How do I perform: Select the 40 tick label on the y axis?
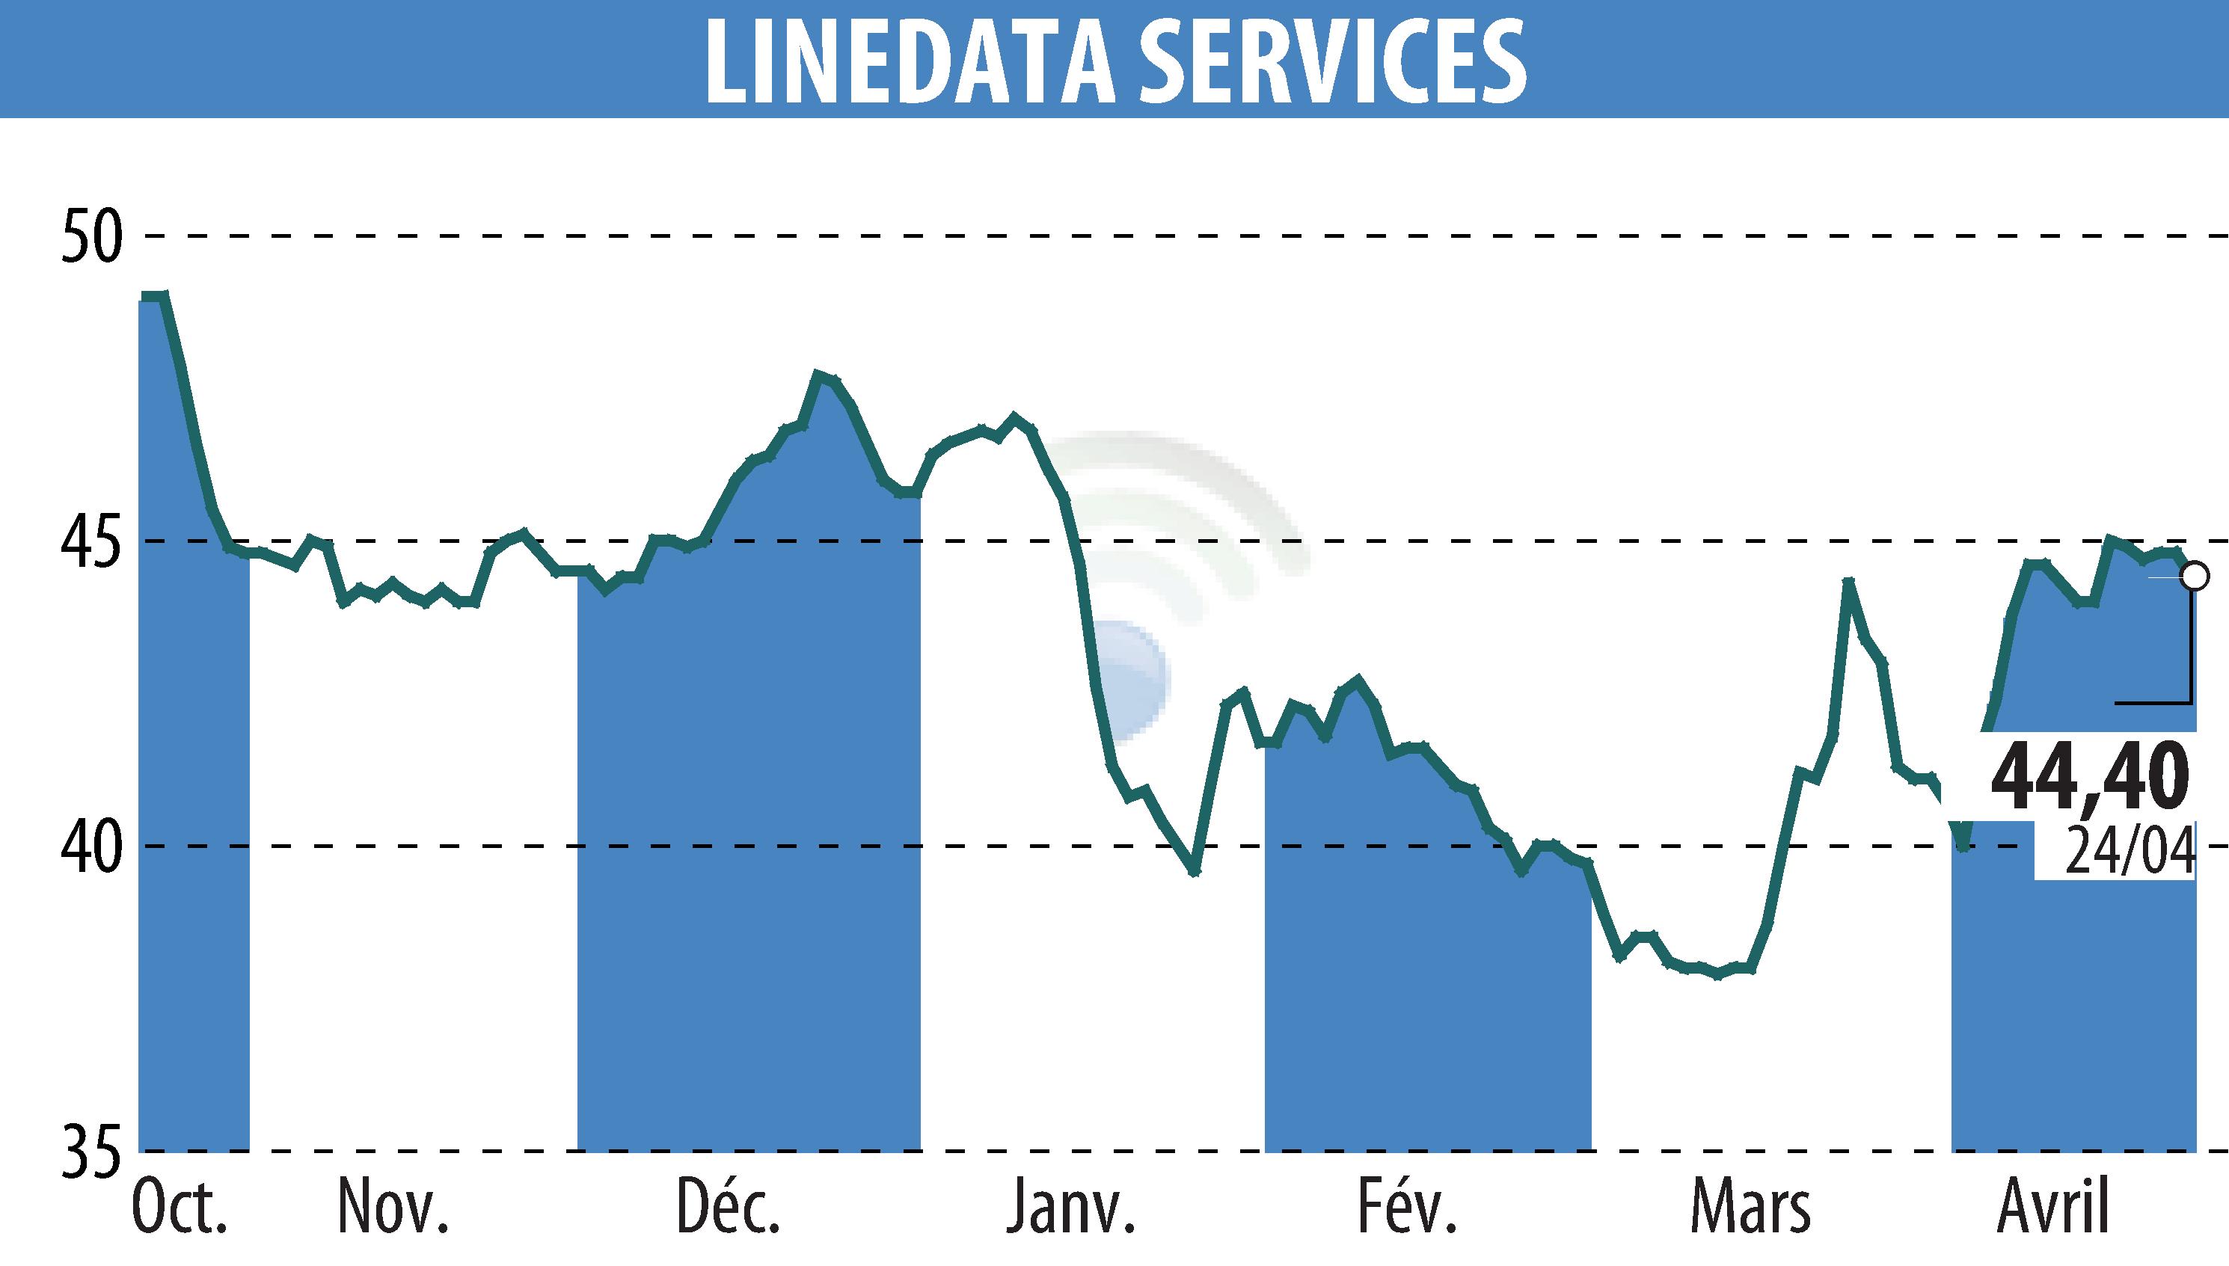click(x=90, y=846)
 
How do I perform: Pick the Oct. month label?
click(x=180, y=1206)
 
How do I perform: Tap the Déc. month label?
click(x=729, y=1206)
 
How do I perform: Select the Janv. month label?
click(x=1070, y=1206)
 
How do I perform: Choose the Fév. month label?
click(x=1406, y=1206)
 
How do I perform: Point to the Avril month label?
click(x=2053, y=1206)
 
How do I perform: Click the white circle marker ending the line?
click(x=2195, y=577)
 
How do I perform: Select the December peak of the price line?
click(x=818, y=375)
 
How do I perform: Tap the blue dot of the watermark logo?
click(x=1127, y=679)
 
